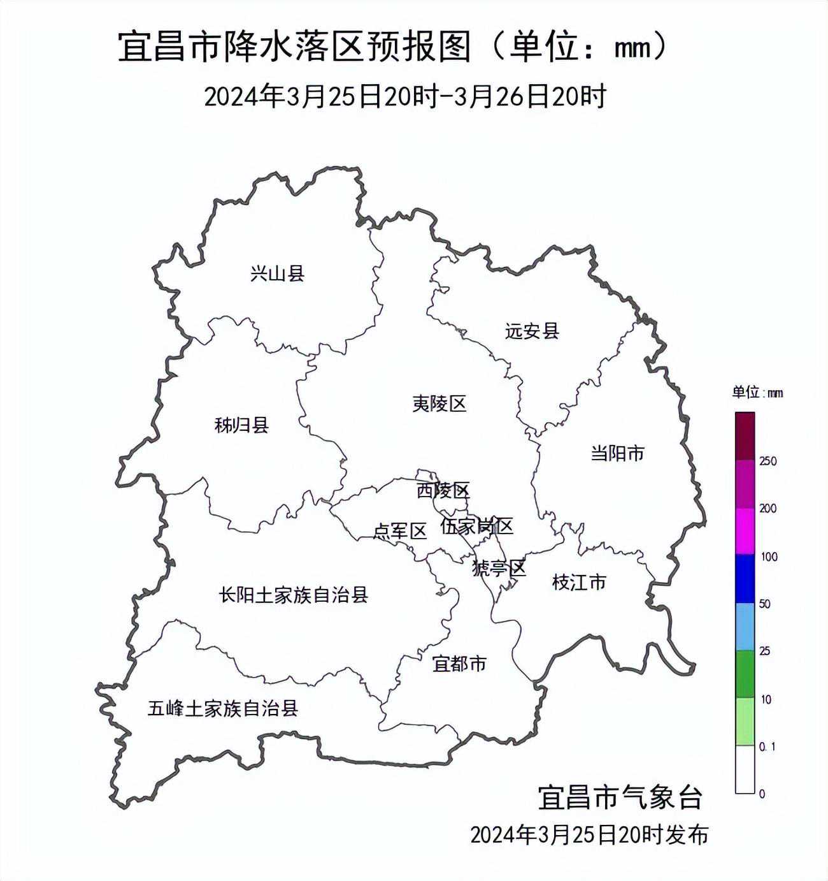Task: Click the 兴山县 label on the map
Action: coord(277,274)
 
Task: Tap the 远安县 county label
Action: coord(532,331)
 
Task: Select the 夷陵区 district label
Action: coord(439,404)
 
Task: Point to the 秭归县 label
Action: coord(241,425)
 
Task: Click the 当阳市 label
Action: coord(617,454)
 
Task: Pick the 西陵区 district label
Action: coord(443,490)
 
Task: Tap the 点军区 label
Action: coord(399,531)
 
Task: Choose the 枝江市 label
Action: coord(579,582)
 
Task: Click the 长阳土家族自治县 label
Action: coord(294,595)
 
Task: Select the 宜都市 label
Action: coord(459,664)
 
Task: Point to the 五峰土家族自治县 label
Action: coord(223,708)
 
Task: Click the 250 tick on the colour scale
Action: coord(768,461)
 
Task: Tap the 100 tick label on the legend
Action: coord(769,557)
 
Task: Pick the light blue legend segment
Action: coord(745,627)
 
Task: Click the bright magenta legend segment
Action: coord(745,531)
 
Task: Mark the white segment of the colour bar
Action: coord(745,769)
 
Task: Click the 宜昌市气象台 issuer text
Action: coord(620,797)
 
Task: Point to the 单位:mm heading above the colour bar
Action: coord(757,392)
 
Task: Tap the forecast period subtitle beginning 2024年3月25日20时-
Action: coord(405,97)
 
